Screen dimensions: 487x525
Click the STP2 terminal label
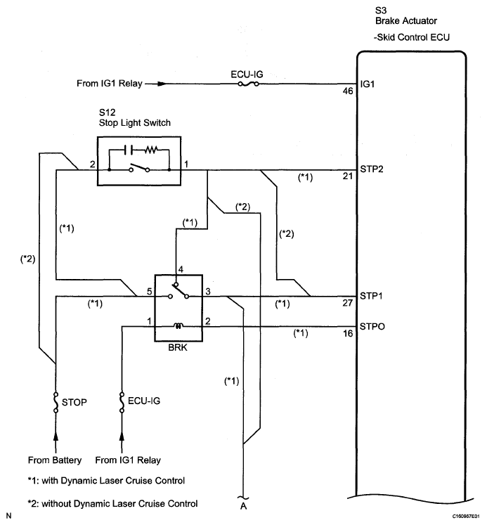(372, 169)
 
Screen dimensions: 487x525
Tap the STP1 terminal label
(371, 296)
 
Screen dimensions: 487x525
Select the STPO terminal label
(372, 326)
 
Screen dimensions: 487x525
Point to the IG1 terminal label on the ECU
(367, 84)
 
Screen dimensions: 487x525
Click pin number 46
(348, 91)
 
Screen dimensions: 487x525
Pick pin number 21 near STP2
(348, 176)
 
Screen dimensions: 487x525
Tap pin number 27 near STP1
(348, 303)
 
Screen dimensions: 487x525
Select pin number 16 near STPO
(348, 333)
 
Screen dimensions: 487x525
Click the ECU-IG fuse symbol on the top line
(248, 84)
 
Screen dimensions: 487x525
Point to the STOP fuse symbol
(56, 402)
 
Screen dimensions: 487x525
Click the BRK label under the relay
(178, 348)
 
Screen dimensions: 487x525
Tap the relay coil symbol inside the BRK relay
(178, 326)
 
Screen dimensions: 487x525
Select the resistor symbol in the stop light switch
(151, 150)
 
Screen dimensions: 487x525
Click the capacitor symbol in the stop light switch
(129, 150)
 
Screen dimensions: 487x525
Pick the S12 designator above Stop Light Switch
(107, 112)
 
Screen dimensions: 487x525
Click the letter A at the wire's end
(243, 506)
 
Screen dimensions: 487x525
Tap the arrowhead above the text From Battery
(56, 436)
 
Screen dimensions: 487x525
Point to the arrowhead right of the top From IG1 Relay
(162, 84)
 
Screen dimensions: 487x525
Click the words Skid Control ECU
(413, 37)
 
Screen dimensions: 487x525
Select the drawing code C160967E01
(466, 517)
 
